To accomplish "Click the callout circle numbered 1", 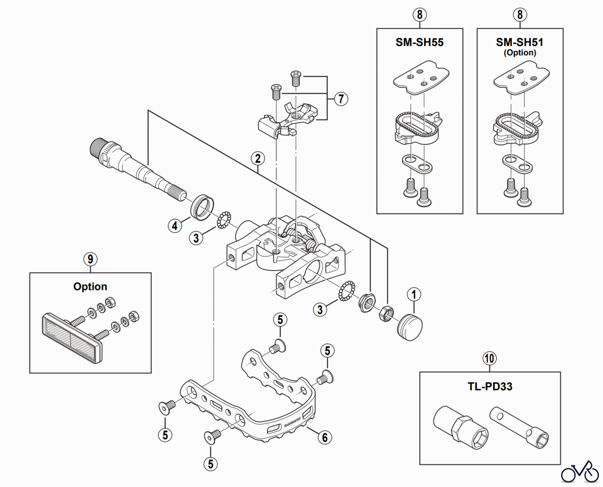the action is [414, 294].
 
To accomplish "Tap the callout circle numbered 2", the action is [258, 159].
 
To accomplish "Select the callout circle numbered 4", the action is [175, 226].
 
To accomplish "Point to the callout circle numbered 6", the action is [325, 437].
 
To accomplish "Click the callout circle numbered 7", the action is [341, 99].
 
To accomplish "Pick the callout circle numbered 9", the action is [90, 259].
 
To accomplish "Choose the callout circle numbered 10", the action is [489, 358].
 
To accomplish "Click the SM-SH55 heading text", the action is [419, 42].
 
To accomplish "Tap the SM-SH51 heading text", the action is [520, 42].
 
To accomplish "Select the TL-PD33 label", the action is [490, 386].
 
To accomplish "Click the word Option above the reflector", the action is [90, 287].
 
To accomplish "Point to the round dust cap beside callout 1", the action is [410, 327].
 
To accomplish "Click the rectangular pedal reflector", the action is [72, 338].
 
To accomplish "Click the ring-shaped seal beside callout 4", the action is [202, 207].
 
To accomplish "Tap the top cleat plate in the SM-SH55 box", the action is [421, 77].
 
